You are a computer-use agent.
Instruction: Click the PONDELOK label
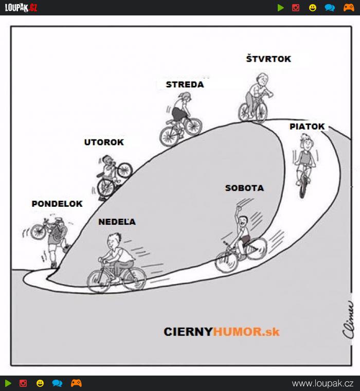pyautogui.click(x=57, y=204)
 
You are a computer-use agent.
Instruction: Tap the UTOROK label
pyautogui.click(x=104, y=142)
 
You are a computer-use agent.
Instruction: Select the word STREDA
pyautogui.click(x=185, y=84)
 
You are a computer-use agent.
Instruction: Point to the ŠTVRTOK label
pyautogui.click(x=268, y=59)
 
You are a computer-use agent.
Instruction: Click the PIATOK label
pyautogui.click(x=307, y=127)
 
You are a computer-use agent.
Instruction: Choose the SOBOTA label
pyautogui.click(x=244, y=188)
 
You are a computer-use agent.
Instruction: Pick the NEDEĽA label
pyautogui.click(x=117, y=221)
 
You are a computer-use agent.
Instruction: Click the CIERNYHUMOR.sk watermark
pyautogui.click(x=222, y=332)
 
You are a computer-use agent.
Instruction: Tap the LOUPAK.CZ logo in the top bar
pyautogui.click(x=21, y=8)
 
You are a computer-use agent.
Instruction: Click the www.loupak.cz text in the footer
pyautogui.click(x=322, y=383)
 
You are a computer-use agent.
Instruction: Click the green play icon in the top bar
pyautogui.click(x=280, y=8)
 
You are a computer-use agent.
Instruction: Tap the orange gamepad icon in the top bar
pyautogui.click(x=349, y=8)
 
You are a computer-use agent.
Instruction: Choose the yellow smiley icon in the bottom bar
pyautogui.click(x=40, y=383)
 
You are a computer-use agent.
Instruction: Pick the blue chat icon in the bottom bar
pyautogui.click(x=57, y=383)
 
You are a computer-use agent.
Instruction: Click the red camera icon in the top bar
pyautogui.click(x=296, y=8)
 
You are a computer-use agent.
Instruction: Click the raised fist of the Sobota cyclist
pyautogui.click(x=239, y=208)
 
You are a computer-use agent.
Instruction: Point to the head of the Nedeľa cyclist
pyautogui.click(x=114, y=240)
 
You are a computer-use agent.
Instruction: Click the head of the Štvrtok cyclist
pyautogui.click(x=262, y=79)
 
